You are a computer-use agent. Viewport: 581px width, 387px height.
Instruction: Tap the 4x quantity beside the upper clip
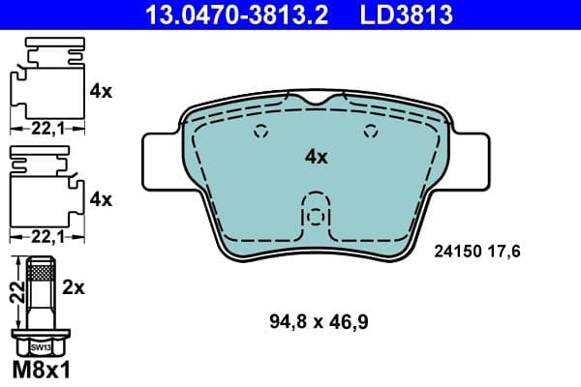[101, 92]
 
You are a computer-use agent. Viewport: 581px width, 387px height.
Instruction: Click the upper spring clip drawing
[44, 82]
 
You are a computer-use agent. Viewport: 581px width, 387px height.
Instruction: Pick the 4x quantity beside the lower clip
[101, 199]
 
